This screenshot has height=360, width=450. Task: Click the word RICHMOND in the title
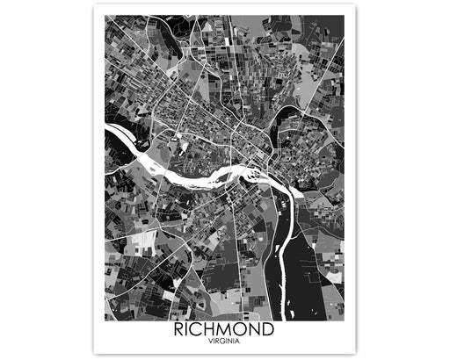click(x=224, y=331)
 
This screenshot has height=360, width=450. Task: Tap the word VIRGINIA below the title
click(x=224, y=342)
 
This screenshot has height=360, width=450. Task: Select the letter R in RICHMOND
click(x=181, y=331)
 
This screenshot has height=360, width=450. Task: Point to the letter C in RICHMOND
click(x=201, y=331)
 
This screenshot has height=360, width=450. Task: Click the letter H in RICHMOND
click(x=214, y=331)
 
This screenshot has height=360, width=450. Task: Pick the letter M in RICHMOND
click(x=229, y=331)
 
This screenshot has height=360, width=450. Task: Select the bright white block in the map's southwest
click(x=141, y=237)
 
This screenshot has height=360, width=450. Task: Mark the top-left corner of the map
click(x=105, y=15)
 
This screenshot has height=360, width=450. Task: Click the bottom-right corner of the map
click(x=344, y=320)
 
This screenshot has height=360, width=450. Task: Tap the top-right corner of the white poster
click(x=355, y=4)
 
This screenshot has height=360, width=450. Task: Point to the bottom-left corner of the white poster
click(x=94, y=354)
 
